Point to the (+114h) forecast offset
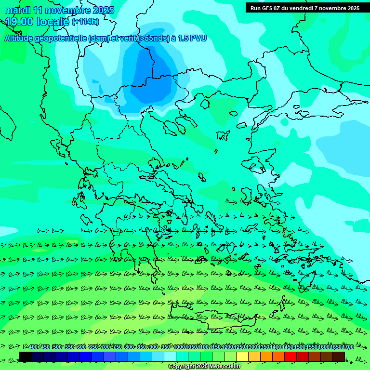(x=85, y=22)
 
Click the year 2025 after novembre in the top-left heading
(x=103, y=10)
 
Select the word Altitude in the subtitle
(x=20, y=39)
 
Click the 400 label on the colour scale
(x=33, y=347)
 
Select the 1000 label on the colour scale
(x=179, y=347)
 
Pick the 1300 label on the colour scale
(x=251, y=347)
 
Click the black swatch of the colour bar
(x=26, y=357)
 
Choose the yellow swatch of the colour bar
(x=242, y=357)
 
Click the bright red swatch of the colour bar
(x=291, y=357)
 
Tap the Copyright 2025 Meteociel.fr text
(x=204, y=366)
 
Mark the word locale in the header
(x=53, y=22)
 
